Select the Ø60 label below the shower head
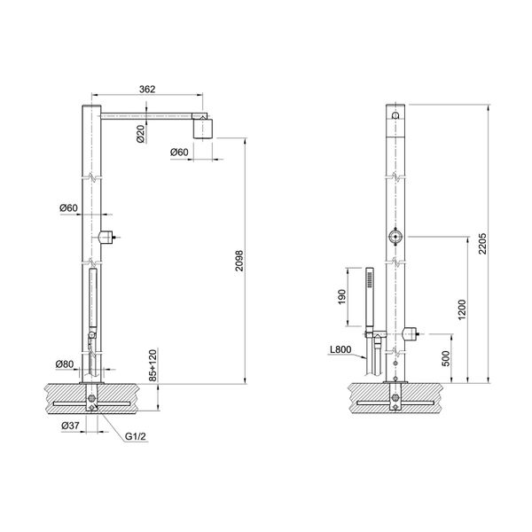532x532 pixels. [182, 153]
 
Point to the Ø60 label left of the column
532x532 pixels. [70, 207]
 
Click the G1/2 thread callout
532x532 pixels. [136, 435]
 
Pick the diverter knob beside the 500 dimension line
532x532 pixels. [410, 334]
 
